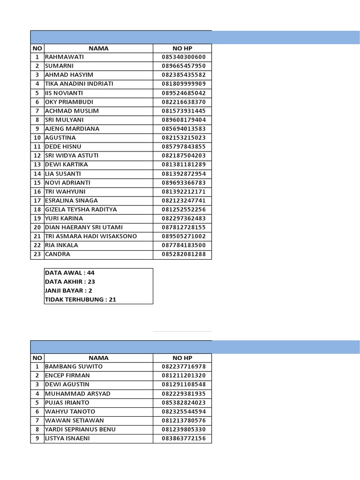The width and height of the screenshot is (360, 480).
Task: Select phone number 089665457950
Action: tap(183, 66)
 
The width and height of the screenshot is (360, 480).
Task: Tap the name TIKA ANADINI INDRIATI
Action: tap(79, 84)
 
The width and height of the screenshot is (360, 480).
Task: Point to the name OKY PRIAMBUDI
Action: tap(69, 102)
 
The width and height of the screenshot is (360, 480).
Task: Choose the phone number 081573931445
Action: tap(183, 111)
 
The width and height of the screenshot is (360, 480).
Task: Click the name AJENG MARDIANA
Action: tap(72, 129)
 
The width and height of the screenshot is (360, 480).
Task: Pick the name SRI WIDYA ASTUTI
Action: tap(71, 156)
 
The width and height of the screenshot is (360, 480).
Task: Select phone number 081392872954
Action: tap(183, 174)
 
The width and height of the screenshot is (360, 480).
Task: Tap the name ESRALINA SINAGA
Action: tap(71, 201)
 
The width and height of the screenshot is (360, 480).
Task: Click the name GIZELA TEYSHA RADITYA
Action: tap(81, 210)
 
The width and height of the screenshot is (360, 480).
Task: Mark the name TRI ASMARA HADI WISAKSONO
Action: tap(90, 236)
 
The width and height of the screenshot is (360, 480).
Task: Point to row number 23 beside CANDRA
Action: tap(37, 255)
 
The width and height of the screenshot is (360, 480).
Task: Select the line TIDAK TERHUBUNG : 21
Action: tap(80, 300)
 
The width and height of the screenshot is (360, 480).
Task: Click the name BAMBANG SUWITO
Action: tap(74, 367)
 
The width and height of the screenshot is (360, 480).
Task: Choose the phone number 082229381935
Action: tap(183, 394)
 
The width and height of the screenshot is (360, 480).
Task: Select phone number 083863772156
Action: tap(183, 439)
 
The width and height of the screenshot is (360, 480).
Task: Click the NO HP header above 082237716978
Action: tap(182, 358)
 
